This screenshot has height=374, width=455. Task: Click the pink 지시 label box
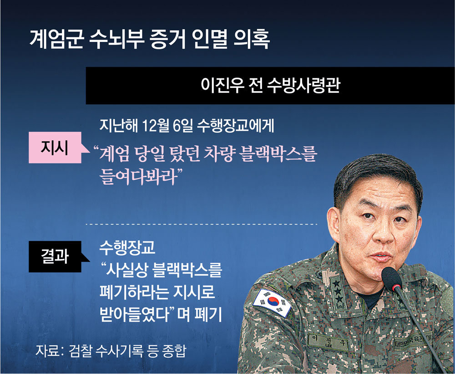coord(55,147)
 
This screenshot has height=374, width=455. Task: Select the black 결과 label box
coord(55,256)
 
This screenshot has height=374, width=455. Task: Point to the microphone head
coord(391,278)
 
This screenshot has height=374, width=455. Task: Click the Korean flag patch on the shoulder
coord(272,302)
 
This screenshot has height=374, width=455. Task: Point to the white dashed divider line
coord(202,224)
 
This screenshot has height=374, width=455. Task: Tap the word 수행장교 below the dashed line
coord(127,248)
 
